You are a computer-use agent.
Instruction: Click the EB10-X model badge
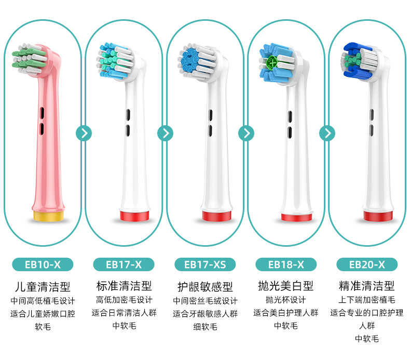tap(43, 264)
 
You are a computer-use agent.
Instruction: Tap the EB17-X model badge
tap(124, 264)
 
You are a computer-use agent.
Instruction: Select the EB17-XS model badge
tap(205, 264)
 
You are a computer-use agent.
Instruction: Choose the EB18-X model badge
tap(286, 264)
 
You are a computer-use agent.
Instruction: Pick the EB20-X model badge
tap(367, 264)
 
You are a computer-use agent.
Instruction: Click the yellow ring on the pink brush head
tap(48, 216)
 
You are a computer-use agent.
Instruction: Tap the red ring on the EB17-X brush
tap(134, 216)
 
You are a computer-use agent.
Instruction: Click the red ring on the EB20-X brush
tap(378, 216)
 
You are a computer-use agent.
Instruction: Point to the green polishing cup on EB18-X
tap(272, 63)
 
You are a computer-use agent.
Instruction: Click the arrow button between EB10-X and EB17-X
tap(84, 134)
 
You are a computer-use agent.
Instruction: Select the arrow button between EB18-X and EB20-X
tap(327, 134)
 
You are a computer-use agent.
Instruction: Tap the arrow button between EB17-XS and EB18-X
tap(246, 134)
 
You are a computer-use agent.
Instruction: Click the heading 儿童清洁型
tap(43, 287)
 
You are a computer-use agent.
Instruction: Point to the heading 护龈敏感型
tap(205, 287)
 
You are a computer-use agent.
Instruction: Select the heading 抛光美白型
tap(286, 286)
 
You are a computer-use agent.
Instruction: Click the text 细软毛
tap(205, 326)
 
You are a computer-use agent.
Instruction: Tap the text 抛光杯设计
tap(286, 300)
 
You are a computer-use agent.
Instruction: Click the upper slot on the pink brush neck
tap(42, 113)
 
